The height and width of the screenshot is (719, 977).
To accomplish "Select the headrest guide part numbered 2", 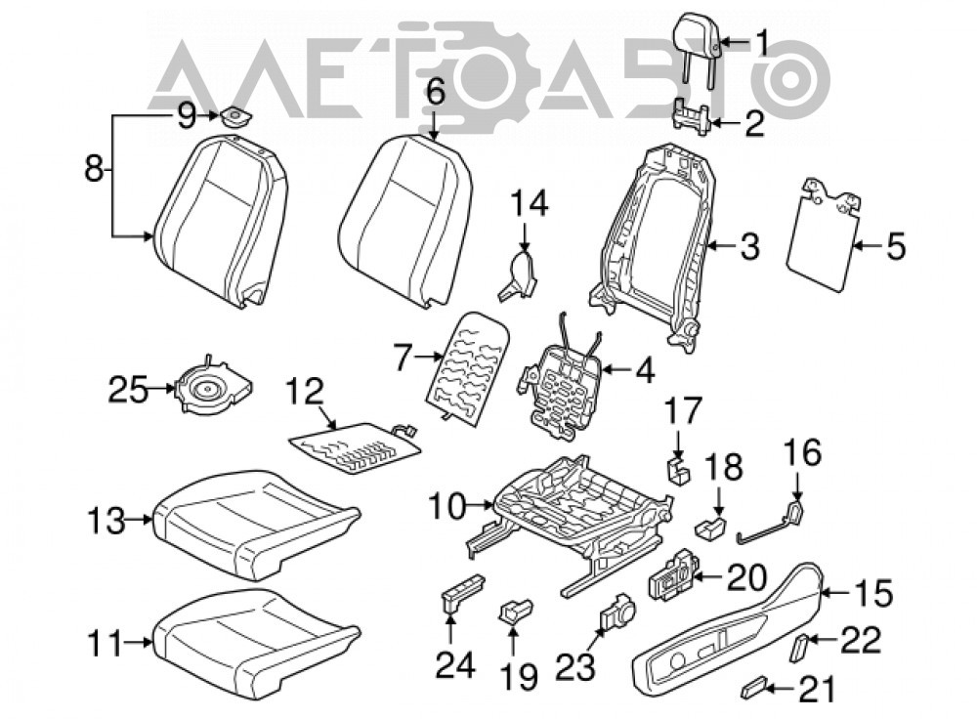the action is [693, 117].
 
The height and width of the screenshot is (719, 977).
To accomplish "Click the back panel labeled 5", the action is [823, 233].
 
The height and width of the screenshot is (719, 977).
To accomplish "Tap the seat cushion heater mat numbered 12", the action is [354, 447].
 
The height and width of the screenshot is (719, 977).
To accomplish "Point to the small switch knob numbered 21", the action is [751, 689].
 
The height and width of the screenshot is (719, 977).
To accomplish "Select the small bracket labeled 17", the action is [679, 472].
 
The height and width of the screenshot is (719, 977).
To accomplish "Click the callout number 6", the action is [436, 94].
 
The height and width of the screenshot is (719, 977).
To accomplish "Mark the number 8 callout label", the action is [94, 168].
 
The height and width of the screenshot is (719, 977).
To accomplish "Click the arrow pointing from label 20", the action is [709, 577].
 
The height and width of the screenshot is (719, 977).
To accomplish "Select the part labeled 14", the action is [518, 275].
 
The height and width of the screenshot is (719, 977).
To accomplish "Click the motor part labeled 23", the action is [616, 612].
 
